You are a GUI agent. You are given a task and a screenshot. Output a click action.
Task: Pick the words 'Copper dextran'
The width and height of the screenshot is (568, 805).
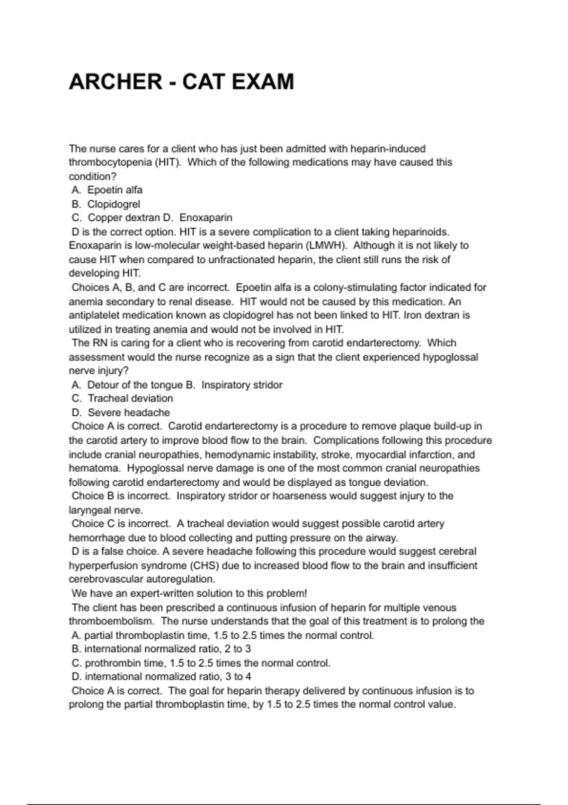click(124, 218)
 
